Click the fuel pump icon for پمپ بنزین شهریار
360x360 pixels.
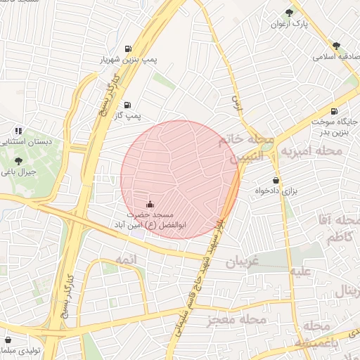[x=127, y=49]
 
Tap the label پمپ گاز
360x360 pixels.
[x=129, y=114]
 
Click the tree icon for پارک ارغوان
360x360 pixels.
[x=290, y=13]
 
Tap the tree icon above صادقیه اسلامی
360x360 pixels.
[x=336, y=45]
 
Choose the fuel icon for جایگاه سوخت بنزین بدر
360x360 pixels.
[x=333, y=110]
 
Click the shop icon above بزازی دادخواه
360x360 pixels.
[x=276, y=179]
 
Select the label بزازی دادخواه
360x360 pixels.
[x=274, y=191]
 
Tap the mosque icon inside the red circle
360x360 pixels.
[x=149, y=204]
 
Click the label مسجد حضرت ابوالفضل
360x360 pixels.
[x=149, y=219]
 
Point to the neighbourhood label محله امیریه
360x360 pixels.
[x=311, y=151]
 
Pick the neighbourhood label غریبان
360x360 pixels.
[x=243, y=264]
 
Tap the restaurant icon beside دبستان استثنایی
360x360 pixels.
[x=18, y=130]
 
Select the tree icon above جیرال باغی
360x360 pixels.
[x=18, y=160]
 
